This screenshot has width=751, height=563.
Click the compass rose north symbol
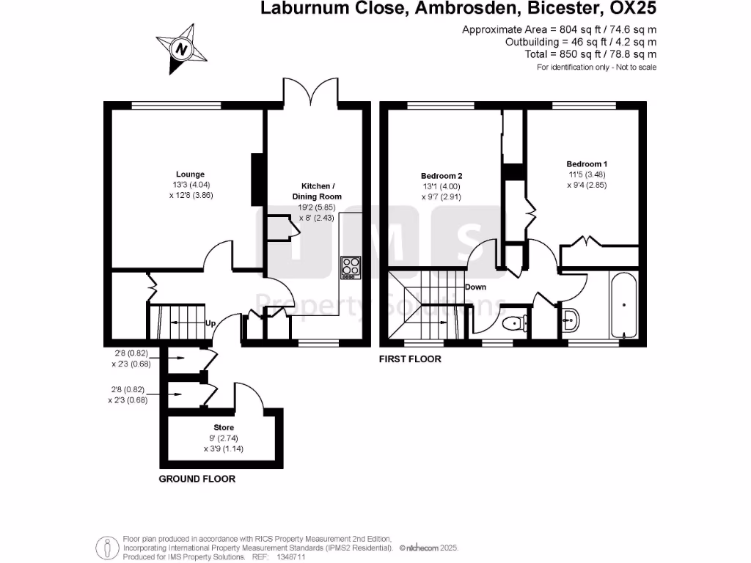(181, 48)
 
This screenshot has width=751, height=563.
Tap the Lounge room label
(190, 174)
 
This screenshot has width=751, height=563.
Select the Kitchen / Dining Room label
(317, 191)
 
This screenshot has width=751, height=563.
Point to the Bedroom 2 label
(442, 176)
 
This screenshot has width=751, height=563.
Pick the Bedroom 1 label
(587, 163)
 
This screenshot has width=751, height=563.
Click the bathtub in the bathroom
(623, 305)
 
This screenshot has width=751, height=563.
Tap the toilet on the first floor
(515, 323)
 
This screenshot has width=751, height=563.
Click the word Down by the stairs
(475, 287)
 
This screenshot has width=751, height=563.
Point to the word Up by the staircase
(210, 323)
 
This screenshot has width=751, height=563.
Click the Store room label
(224, 427)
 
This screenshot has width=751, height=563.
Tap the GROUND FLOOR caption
(197, 479)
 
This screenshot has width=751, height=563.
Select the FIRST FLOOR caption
(410, 359)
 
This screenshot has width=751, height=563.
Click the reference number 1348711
(290, 557)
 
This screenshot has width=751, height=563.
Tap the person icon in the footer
(107, 548)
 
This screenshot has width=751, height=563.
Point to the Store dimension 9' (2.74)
(224, 438)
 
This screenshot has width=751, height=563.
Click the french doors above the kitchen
(311, 92)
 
